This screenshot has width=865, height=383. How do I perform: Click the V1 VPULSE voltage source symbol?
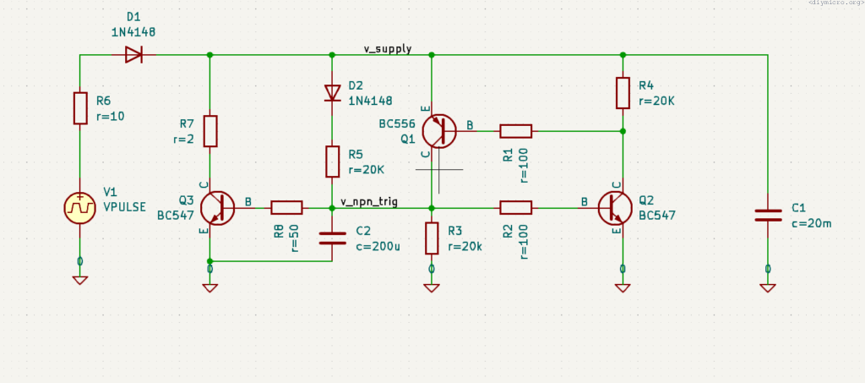[80, 207]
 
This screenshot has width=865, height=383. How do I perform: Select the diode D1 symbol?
[133, 55]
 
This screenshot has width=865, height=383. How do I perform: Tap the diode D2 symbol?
[332, 90]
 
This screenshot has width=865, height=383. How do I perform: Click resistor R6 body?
[80, 108]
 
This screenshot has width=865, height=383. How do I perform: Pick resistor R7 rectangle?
[210, 131]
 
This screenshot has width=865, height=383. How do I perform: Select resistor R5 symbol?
[332, 161]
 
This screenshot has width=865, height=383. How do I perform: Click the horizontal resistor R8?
[286, 207]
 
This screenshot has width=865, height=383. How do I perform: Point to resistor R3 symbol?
[432, 238]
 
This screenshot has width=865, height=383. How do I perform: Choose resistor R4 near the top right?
[623, 92]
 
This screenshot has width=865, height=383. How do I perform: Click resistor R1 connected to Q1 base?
[515, 131]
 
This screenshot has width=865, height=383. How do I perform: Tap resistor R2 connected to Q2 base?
[515, 207]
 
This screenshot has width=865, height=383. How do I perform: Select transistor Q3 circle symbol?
[218, 207]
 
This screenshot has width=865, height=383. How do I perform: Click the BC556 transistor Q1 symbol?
[438, 131]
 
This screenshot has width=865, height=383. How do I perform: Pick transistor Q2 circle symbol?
[615, 207]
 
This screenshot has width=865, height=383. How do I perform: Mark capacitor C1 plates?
[768, 215]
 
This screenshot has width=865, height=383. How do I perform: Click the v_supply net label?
[388, 48]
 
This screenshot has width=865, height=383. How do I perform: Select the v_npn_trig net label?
[369, 201]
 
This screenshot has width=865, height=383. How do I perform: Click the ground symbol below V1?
[80, 280]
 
